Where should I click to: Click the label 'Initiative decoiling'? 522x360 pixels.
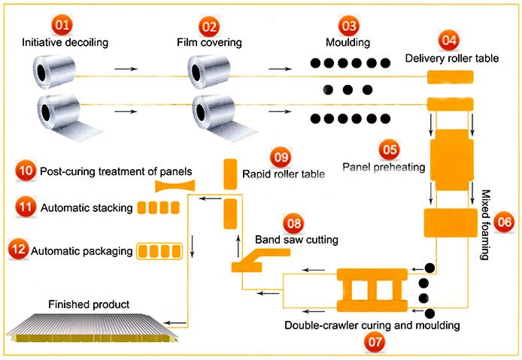pyautogui.click(x=65, y=43)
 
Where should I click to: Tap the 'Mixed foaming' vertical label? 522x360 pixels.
pyautogui.click(x=484, y=224)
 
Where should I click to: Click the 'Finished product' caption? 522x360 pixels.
pyautogui.click(x=89, y=304)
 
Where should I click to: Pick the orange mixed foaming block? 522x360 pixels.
pyautogui.click(x=449, y=223)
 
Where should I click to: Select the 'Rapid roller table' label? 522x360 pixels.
pyautogui.click(x=284, y=174)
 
